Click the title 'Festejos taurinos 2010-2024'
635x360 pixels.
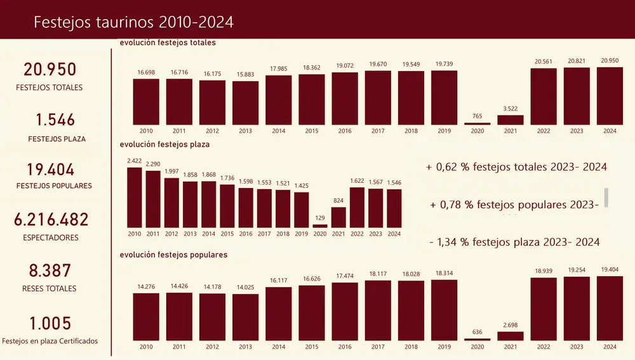coord(133,22)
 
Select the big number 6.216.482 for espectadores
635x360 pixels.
coord(51,220)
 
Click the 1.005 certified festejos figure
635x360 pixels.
coord(50,323)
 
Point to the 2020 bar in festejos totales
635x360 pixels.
coord(477,123)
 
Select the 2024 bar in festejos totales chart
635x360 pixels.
coord(610,96)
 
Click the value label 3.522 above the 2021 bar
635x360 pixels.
coord(511,109)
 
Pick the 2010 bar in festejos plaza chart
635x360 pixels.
coord(135,197)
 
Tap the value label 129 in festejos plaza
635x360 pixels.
coord(320,218)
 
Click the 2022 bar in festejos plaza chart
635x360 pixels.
coord(357,208)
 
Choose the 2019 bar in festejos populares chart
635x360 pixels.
coord(444,310)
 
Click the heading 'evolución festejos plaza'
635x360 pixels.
coord(164,144)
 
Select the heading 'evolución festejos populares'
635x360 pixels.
coord(173,255)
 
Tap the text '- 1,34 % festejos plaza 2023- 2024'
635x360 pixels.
coord(514,242)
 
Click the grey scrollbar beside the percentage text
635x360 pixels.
coord(606,197)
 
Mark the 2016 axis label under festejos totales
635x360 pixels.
coord(345,131)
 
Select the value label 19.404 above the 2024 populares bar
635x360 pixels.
coord(610,269)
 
